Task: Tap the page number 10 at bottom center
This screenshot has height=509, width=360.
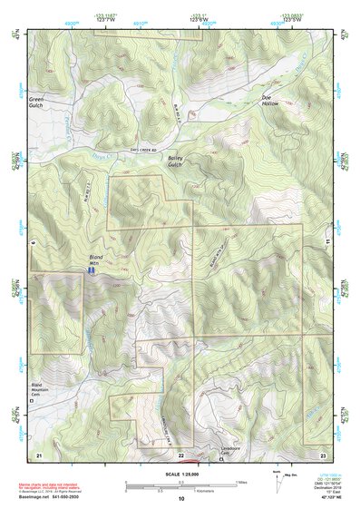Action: pos(180,498)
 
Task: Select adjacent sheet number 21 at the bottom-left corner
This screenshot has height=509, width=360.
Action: pos(38,453)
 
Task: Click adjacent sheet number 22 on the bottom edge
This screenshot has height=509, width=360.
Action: pos(180,454)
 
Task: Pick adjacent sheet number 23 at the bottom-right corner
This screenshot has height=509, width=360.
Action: pos(323,453)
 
